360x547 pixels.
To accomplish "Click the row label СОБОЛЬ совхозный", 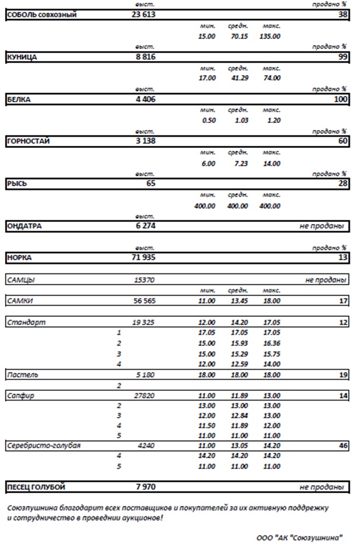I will (x=41, y=15).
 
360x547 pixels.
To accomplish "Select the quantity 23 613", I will (x=144, y=15).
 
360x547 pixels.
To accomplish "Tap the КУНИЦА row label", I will (x=22, y=58).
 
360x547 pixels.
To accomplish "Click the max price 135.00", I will (x=272, y=36).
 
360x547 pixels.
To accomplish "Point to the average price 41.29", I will (x=238, y=78).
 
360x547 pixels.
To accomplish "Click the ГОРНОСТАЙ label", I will (x=28, y=141).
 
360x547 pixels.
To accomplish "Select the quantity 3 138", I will (x=144, y=141).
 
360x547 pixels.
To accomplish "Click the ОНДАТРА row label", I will (x=24, y=226).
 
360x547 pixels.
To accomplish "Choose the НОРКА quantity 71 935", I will (x=144, y=257).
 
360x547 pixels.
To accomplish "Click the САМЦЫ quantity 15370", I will (x=144, y=280).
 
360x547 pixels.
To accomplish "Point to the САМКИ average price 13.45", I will (x=238, y=301).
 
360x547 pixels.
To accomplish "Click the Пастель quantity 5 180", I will (x=145, y=375).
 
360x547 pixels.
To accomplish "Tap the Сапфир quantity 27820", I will (x=144, y=395).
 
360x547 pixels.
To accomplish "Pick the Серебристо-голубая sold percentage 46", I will (x=344, y=446).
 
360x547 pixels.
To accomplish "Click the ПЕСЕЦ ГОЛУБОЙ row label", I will (x=36, y=487).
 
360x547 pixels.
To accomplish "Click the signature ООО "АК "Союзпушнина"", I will (x=299, y=538).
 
